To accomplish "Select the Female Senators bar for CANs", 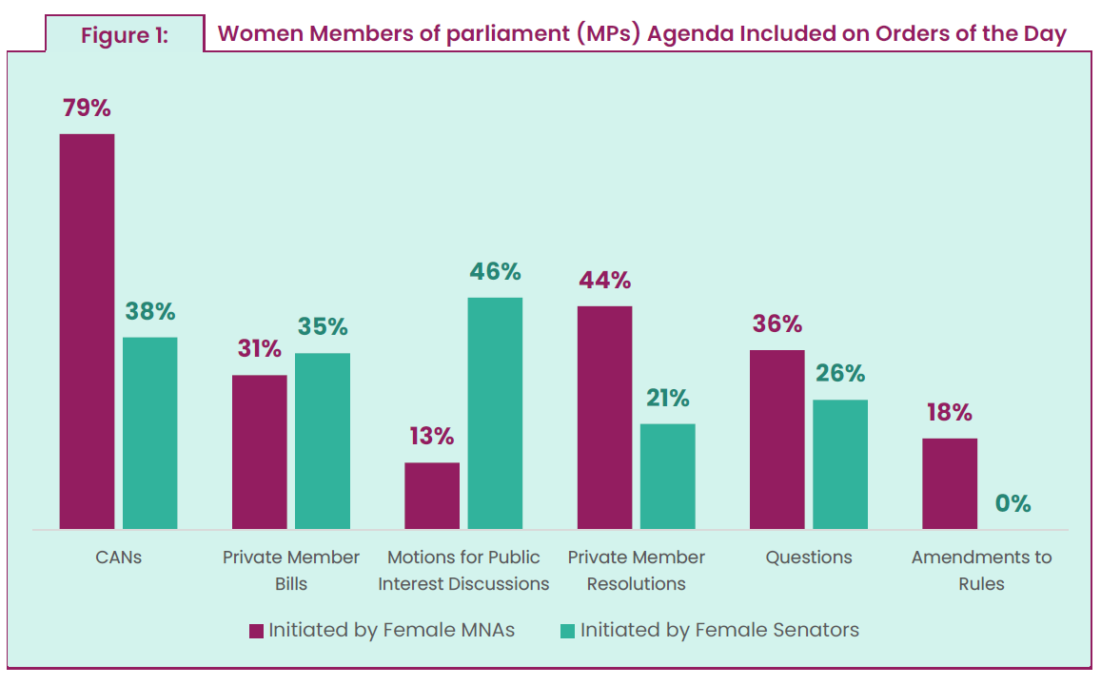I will click(149, 433).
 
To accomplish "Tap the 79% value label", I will click(87, 108).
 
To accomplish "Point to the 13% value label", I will click(431, 437).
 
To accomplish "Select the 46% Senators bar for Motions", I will click(495, 413).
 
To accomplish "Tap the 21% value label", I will click(667, 399).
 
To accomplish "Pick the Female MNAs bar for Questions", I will click(777, 440).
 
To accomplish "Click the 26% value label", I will click(839, 374).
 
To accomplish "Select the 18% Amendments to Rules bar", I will click(950, 483).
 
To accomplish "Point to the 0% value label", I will click(1013, 503).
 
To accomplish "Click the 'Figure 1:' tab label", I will click(124, 36).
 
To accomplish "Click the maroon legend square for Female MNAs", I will click(255, 631).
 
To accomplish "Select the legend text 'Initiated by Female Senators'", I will click(719, 630).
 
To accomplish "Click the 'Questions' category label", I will click(809, 558).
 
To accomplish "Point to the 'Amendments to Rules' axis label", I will click(981, 570).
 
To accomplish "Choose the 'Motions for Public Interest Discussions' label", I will click(463, 570).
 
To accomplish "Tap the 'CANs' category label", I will click(118, 558).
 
